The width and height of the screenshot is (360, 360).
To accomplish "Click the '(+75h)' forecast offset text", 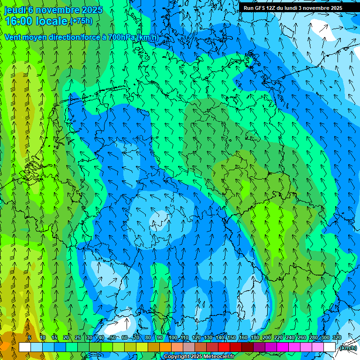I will click(x=81, y=21).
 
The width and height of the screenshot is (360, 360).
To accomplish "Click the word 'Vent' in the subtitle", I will click(x=13, y=37).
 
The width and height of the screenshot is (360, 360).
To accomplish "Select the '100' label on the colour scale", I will click(x=172, y=337).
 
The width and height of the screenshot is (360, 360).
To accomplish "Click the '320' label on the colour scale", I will click(x=337, y=337).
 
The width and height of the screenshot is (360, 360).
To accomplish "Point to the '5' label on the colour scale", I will click(x=29, y=337).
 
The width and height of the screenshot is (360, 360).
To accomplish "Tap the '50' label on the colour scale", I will click(x=112, y=337).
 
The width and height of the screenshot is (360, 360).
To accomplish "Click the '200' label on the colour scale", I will click(x=266, y=337).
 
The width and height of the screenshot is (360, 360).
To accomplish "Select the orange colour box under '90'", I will click(x=165, y=347).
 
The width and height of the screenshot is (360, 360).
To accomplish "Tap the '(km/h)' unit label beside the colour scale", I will click(x=348, y=348).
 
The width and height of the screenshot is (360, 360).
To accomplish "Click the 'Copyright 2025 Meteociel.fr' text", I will click(x=199, y=357).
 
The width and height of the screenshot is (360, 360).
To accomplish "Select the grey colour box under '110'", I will click(x=189, y=347).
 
